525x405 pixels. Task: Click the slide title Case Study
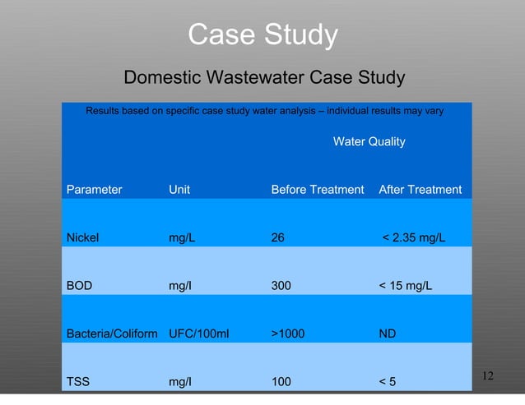click(x=262, y=35)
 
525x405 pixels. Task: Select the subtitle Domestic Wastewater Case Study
click(x=263, y=78)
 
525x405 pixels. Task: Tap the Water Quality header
click(x=369, y=142)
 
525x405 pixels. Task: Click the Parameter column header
click(x=94, y=190)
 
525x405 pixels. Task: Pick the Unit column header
click(x=179, y=190)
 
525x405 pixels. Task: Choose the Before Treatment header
click(x=317, y=190)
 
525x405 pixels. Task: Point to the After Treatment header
click(x=420, y=190)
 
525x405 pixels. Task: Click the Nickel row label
click(x=82, y=238)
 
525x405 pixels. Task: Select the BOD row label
click(x=79, y=287)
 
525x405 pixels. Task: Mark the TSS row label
click(x=78, y=382)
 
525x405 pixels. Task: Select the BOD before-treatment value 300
click(x=281, y=287)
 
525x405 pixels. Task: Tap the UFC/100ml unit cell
click(x=198, y=334)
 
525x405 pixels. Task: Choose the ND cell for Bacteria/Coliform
click(x=387, y=334)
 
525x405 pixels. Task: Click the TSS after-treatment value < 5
click(x=387, y=382)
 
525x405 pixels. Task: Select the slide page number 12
click(x=487, y=376)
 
